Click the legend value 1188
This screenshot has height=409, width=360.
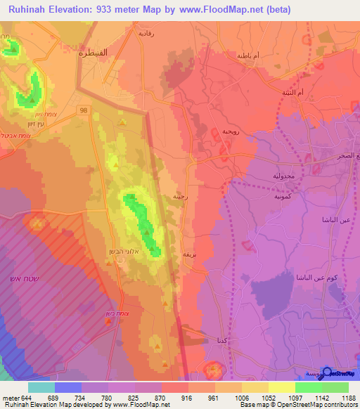coord(346,398)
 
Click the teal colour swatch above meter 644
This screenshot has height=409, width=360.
coord(41,387)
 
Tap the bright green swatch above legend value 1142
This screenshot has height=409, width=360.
coord(309,387)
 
